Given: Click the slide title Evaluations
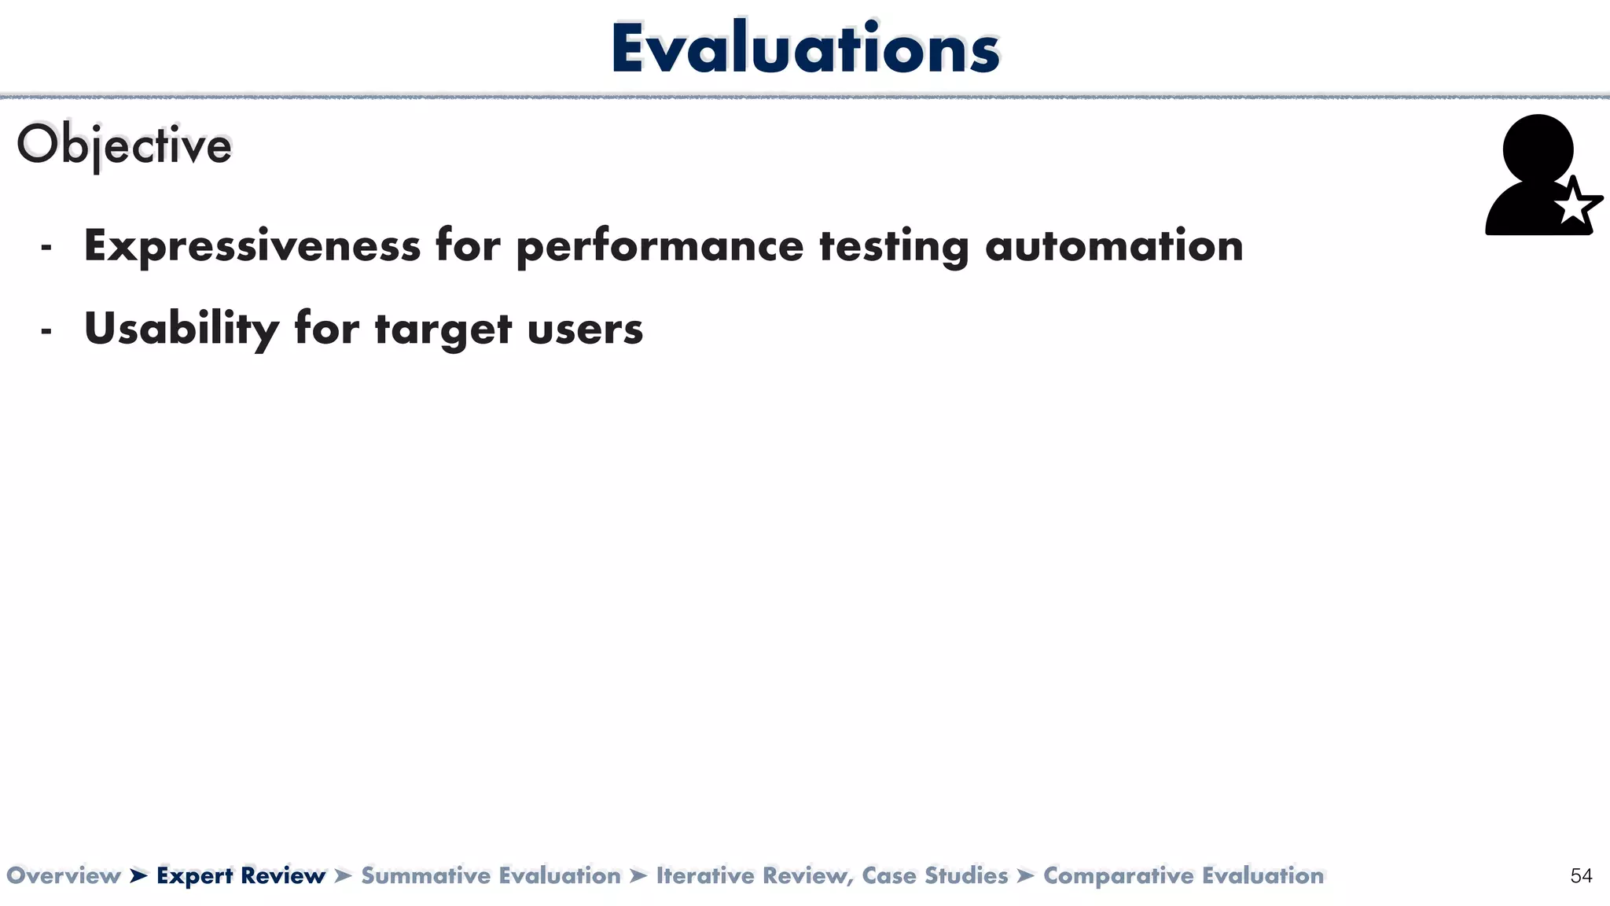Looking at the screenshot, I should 805,49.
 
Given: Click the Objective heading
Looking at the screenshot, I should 124,145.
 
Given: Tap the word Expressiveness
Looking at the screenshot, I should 252,245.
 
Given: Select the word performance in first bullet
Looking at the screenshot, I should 660,245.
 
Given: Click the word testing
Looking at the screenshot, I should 894,245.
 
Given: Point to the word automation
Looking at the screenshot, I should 1114,245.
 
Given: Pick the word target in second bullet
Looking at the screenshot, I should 443,329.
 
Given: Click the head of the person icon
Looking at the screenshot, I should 1538,148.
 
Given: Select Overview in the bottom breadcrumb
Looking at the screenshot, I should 64,875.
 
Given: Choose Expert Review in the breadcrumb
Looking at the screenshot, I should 241,875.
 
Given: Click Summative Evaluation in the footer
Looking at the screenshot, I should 491,875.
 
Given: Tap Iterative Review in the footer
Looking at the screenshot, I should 753,875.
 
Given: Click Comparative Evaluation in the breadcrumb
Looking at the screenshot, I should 1183,875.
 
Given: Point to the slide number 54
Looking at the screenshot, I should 1581,875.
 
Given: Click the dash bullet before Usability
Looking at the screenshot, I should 46,330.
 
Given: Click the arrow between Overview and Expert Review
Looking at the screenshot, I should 138,875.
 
